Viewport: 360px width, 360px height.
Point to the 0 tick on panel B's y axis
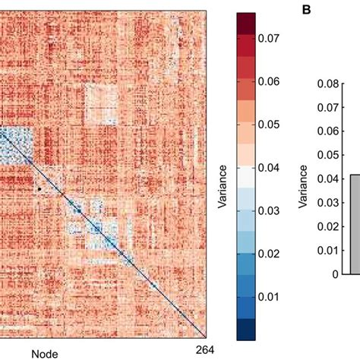click(335, 274)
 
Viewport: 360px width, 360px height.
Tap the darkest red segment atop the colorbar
click(246, 23)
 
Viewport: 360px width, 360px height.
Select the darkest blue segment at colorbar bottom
click(246, 328)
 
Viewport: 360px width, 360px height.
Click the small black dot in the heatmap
click(38, 188)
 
